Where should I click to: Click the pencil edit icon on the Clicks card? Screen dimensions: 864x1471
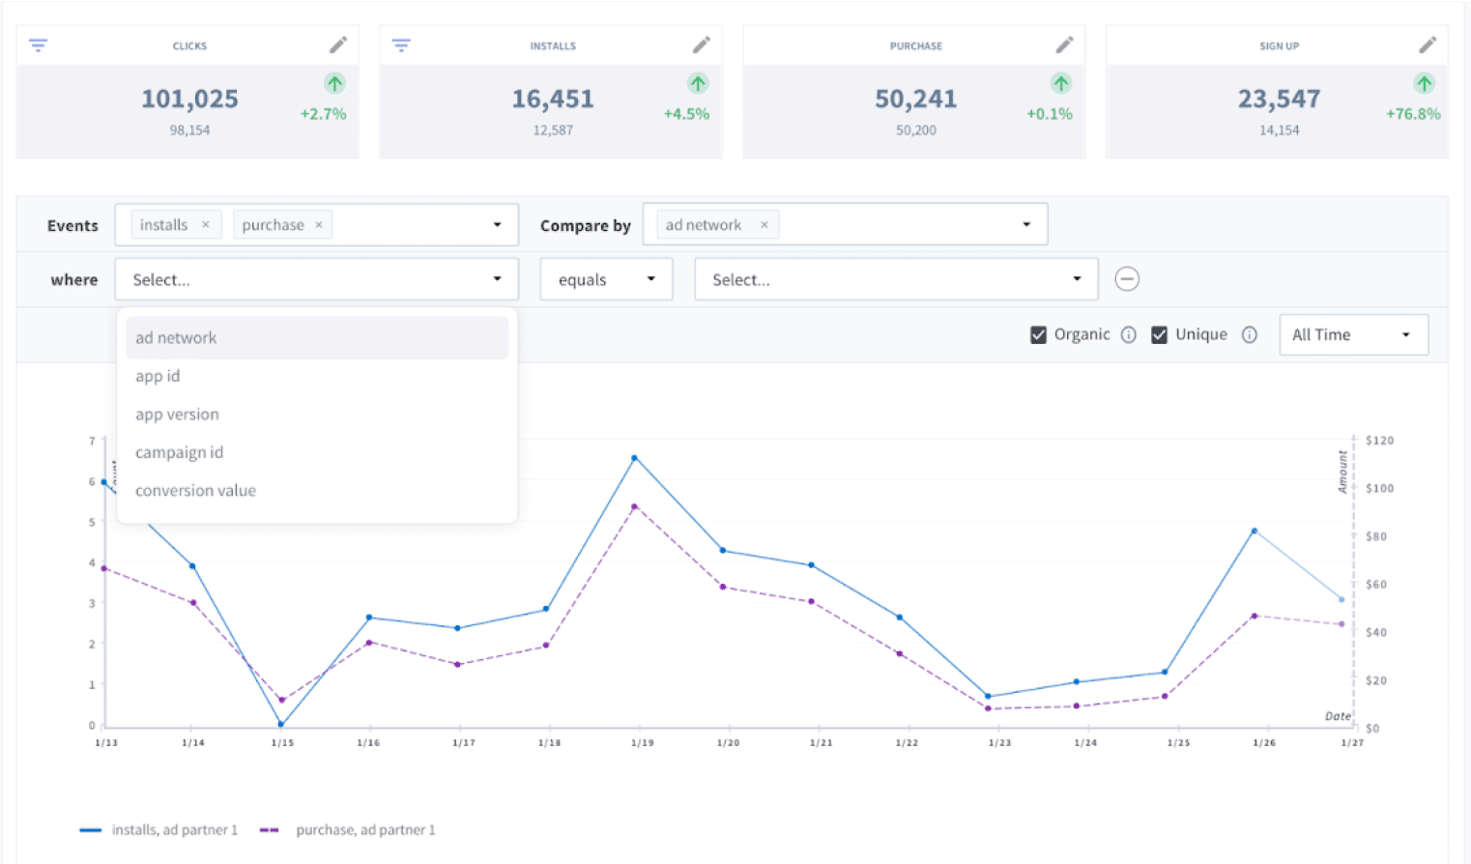[x=337, y=45]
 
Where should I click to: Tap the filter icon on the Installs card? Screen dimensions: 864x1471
[x=401, y=45]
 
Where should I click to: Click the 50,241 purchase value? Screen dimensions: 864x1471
[x=915, y=99]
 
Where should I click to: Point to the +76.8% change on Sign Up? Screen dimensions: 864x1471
[x=1412, y=114]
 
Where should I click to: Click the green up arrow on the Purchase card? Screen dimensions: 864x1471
[x=1061, y=83]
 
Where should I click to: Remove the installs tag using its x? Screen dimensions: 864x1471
[x=206, y=225]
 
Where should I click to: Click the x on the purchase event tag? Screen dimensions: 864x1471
[x=319, y=225]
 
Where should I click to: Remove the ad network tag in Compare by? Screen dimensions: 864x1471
[x=764, y=225]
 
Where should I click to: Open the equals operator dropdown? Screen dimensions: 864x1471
[x=606, y=279]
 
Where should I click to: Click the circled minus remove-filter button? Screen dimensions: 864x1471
[x=1127, y=279]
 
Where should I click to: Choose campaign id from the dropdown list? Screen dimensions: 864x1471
[x=180, y=452]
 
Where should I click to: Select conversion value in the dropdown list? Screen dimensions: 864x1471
[x=195, y=491]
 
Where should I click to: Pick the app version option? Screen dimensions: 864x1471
[x=177, y=415]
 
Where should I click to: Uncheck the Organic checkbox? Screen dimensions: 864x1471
[x=1038, y=334]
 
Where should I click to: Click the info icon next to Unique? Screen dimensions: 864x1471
[x=1250, y=334]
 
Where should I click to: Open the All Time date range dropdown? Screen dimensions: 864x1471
[x=1353, y=334]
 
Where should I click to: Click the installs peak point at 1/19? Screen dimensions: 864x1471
[x=635, y=458]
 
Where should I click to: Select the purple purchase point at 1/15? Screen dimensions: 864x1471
[x=281, y=700]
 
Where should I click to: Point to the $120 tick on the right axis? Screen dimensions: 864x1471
[x=1379, y=441]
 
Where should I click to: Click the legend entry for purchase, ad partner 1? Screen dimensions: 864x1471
[x=364, y=830]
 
